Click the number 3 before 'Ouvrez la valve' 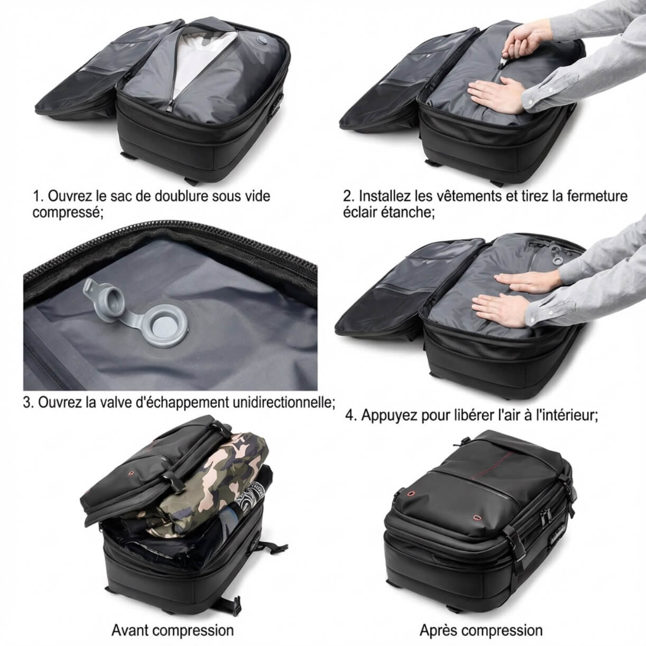(27, 403)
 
